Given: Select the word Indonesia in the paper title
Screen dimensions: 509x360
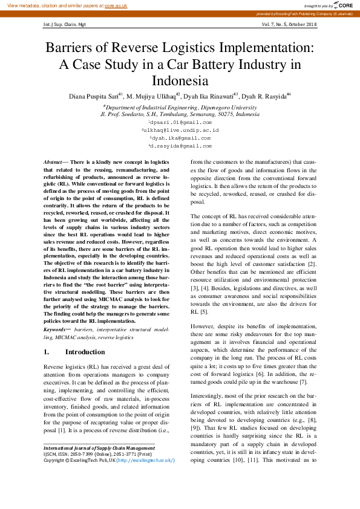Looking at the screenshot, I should point(180,80).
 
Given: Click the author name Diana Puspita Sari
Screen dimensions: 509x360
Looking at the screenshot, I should point(93,96).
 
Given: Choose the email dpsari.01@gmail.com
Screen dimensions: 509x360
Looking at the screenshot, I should point(181,122).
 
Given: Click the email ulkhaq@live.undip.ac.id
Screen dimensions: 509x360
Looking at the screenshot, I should point(181,130).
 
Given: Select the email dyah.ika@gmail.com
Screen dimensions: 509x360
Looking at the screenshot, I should point(181,138).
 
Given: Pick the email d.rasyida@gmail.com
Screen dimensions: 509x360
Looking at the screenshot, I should point(181,146).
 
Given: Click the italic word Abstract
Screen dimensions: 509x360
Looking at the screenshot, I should point(53,163).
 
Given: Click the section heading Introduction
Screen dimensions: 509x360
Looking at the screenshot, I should point(85,352).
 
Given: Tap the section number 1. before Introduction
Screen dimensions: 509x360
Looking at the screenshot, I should point(47,352).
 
